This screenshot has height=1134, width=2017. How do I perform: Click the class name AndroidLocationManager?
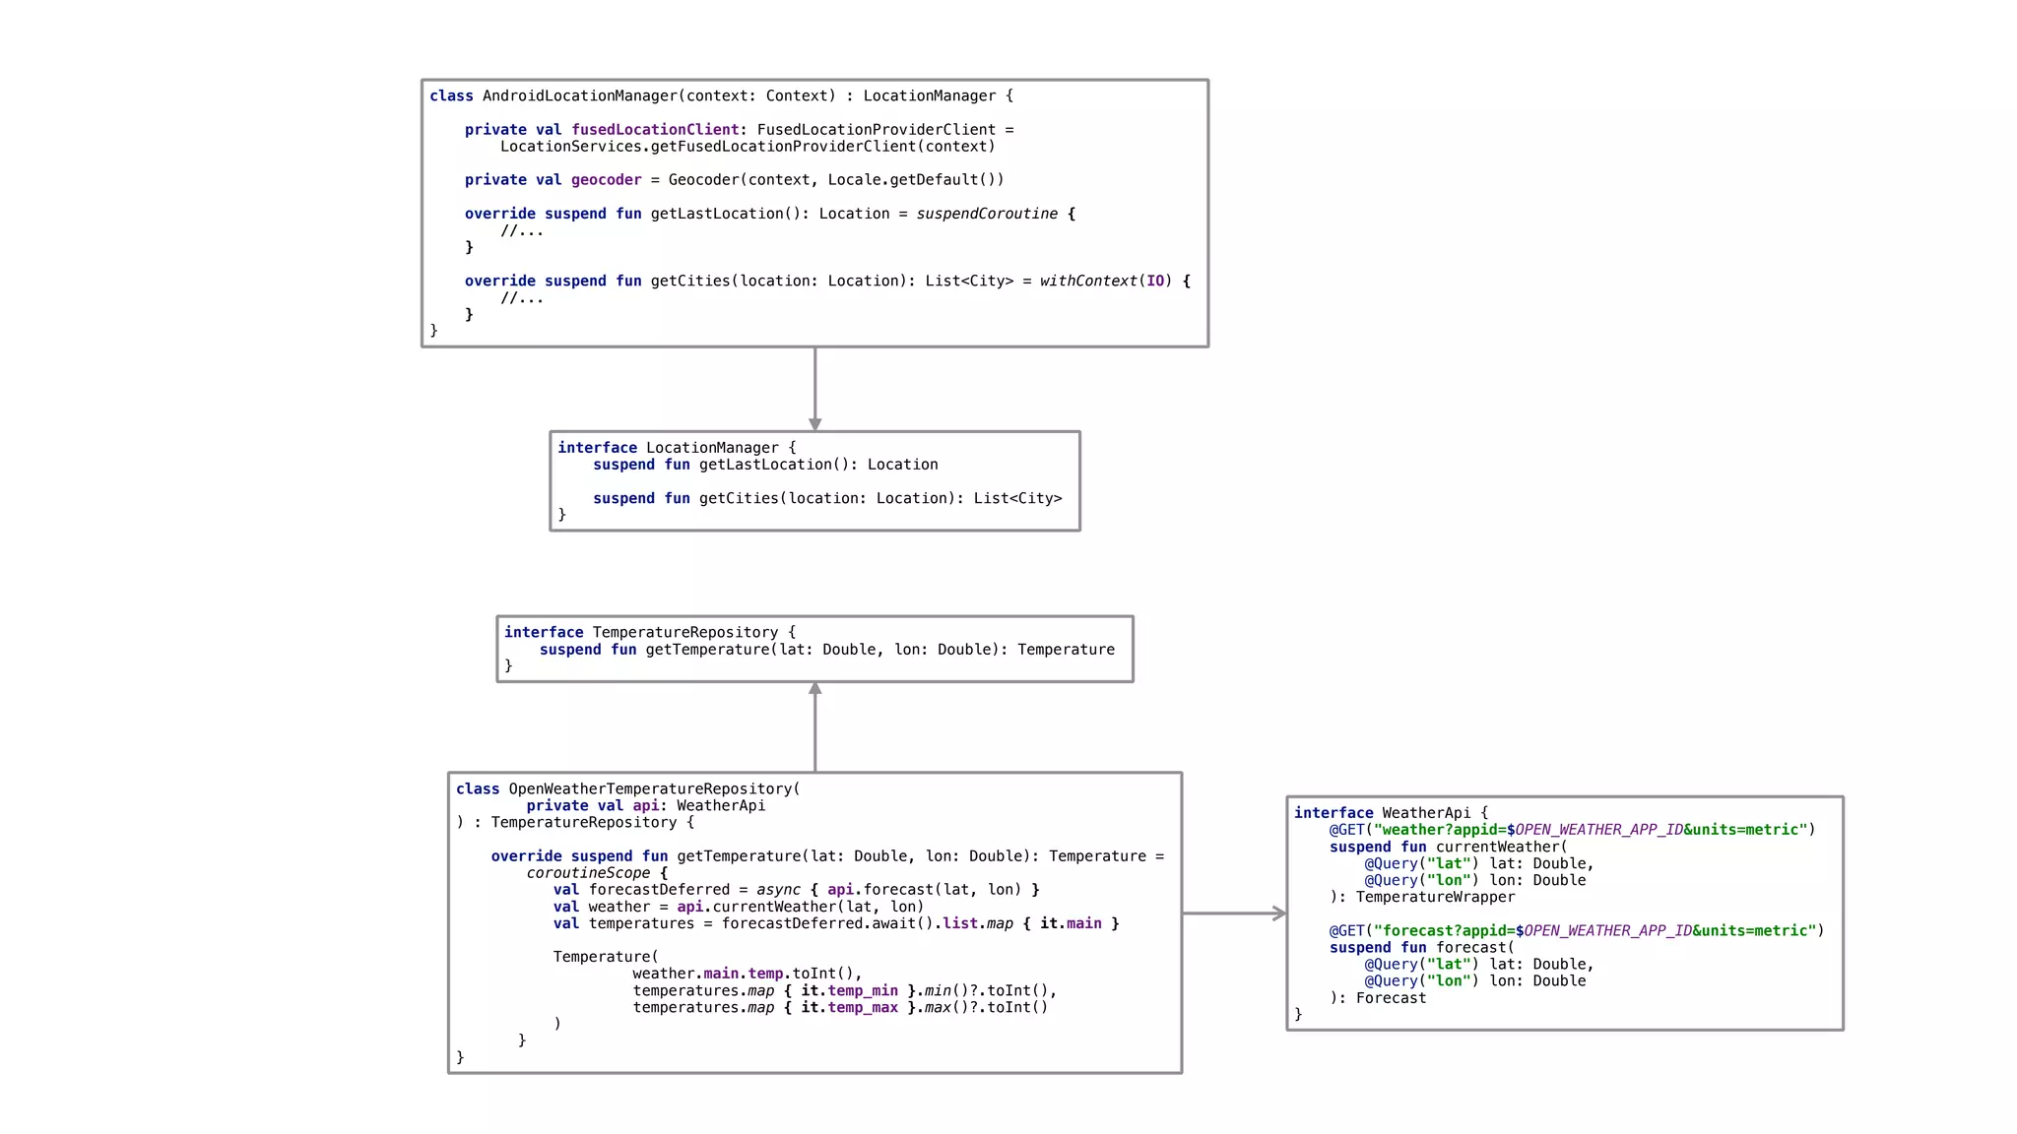pos(579,95)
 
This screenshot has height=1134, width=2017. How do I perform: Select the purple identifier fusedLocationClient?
pos(655,129)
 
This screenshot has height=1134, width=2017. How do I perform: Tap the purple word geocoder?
pos(606,179)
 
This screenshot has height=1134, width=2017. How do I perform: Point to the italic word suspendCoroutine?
pos(987,214)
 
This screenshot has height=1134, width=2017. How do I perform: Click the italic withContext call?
pos(1087,281)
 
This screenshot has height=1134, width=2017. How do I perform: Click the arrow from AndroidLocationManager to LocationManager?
pos(814,388)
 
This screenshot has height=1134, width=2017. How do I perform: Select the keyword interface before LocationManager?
pos(597,447)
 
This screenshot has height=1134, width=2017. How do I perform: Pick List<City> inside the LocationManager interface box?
pos(1017,498)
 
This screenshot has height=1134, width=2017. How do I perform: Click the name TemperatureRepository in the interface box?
pos(684,632)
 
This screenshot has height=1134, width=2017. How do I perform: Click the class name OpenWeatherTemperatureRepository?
pos(650,788)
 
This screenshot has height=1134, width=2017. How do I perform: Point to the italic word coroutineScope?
pos(588,873)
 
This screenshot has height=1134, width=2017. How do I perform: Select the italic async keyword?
pos(778,890)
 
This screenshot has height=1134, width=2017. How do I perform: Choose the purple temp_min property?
pos(863,990)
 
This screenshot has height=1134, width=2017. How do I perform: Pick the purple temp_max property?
pos(863,1007)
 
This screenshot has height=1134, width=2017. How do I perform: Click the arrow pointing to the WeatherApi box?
pos(1234,913)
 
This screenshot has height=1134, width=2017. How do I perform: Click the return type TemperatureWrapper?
pos(1435,897)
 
